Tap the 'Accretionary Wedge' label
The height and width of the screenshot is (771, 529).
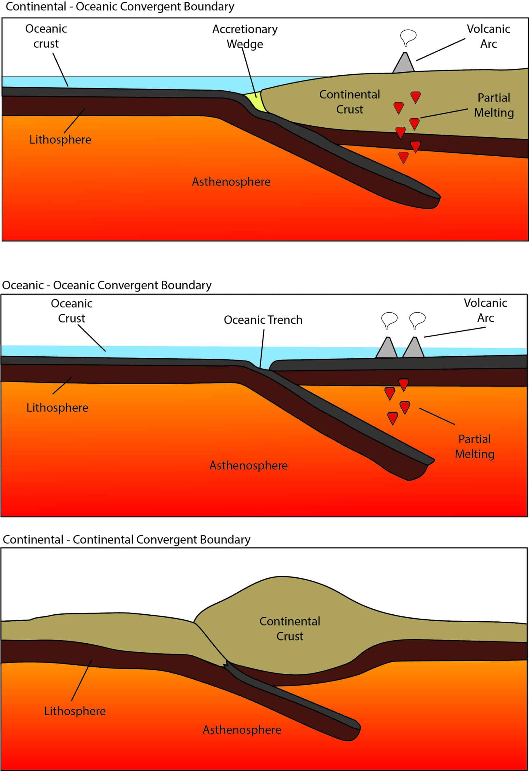(x=245, y=37)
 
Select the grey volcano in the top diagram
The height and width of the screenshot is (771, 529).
(x=404, y=62)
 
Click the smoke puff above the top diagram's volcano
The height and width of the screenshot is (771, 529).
(x=408, y=37)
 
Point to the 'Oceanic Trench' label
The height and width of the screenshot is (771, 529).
(x=263, y=320)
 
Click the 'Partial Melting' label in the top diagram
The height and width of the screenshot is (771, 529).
(x=493, y=105)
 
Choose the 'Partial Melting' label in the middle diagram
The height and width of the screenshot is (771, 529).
(x=474, y=446)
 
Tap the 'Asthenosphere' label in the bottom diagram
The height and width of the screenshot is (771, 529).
(x=242, y=730)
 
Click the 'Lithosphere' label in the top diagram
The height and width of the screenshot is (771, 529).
(x=60, y=140)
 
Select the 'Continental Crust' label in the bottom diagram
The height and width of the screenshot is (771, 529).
(x=290, y=629)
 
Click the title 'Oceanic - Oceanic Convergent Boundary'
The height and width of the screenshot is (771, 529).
(x=107, y=285)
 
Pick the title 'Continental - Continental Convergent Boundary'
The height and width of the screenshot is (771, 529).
(x=126, y=540)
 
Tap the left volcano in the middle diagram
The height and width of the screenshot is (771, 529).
(x=387, y=347)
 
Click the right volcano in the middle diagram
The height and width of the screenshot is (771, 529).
(x=414, y=347)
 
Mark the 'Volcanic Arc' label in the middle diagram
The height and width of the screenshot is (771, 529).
(x=485, y=310)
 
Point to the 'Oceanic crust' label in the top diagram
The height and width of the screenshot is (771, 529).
(x=46, y=36)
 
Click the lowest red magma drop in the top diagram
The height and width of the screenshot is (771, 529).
(x=403, y=158)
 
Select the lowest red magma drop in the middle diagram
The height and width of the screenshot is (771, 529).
(x=393, y=418)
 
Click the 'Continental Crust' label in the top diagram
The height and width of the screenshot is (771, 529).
(x=350, y=102)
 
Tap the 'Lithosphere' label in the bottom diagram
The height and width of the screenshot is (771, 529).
(x=75, y=711)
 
